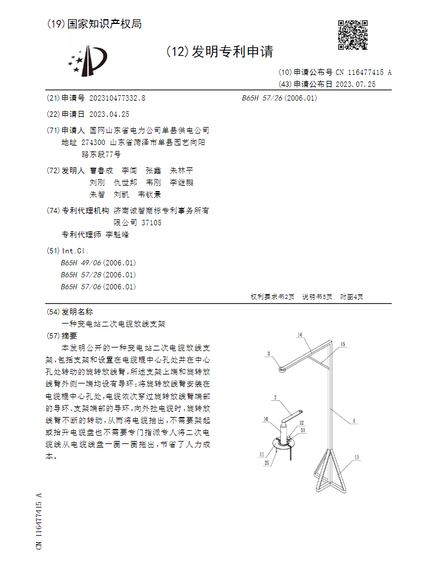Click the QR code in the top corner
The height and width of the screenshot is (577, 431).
(x=353, y=35)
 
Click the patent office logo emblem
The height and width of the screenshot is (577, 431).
(x=87, y=60)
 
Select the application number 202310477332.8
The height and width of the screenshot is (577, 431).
(x=117, y=98)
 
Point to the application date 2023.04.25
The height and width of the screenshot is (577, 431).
(x=109, y=114)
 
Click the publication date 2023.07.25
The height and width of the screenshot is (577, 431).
(x=356, y=84)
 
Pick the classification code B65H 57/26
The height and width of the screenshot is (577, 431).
(x=262, y=98)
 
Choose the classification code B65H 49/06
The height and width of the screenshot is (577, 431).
(x=81, y=262)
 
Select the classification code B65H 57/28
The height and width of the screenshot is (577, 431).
(x=81, y=274)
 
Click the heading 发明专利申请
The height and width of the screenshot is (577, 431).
(x=232, y=52)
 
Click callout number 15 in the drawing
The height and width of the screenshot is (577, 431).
(x=342, y=345)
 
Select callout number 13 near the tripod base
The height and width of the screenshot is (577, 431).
(x=356, y=457)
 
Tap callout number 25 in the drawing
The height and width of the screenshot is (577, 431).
(x=266, y=463)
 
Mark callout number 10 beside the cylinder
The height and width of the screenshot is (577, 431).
(x=265, y=419)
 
